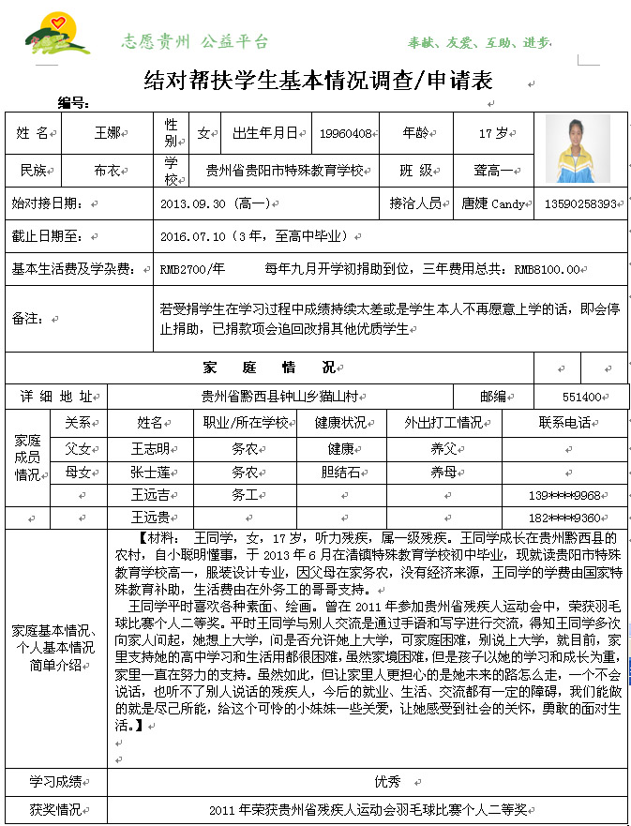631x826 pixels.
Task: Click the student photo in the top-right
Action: click(578, 148)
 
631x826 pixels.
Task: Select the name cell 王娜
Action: click(107, 133)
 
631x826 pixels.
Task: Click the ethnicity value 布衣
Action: click(107, 171)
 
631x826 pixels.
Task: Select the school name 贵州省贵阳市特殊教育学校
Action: click(288, 171)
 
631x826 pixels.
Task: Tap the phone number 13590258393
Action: click(579, 203)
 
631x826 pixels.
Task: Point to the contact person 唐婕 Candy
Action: click(493, 203)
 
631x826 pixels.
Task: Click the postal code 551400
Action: click(581, 397)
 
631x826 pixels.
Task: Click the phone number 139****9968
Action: click(563, 495)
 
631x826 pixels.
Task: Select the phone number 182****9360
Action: click(563, 518)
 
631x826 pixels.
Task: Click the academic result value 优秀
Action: click(387, 781)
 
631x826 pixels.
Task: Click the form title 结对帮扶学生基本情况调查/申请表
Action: click(318, 82)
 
